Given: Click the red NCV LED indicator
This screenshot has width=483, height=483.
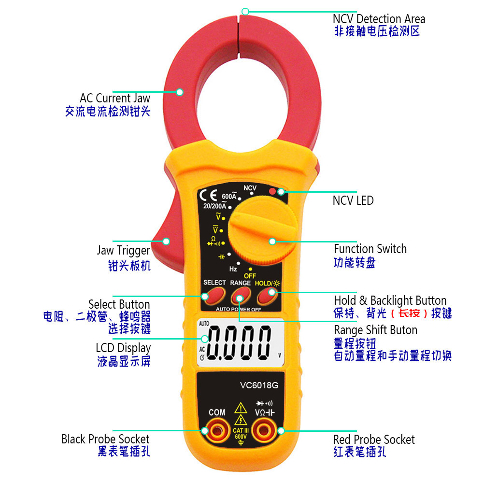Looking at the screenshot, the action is [x=272, y=191].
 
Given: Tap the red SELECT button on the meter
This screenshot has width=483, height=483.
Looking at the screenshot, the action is [x=213, y=296].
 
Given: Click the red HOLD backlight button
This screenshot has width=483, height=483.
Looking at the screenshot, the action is [x=268, y=296].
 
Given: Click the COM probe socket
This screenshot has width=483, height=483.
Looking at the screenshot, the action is [x=217, y=430].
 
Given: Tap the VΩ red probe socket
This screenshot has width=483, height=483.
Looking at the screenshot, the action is [x=264, y=430].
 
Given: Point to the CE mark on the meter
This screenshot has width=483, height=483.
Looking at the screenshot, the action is [x=208, y=195].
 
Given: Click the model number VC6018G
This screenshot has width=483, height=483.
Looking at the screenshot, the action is [x=259, y=385].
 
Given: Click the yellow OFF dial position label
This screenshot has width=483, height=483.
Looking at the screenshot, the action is [x=250, y=276].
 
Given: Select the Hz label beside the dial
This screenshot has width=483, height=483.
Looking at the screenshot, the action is [x=233, y=269].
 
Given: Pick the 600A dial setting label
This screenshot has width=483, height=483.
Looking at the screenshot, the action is [x=229, y=196].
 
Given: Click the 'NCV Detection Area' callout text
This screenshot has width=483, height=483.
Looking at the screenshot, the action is [x=379, y=19].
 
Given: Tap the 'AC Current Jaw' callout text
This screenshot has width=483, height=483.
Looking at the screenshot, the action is [x=115, y=98].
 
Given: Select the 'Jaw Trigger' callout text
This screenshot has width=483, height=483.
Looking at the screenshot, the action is [x=124, y=250].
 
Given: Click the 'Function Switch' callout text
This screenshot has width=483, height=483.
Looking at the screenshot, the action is [x=370, y=249].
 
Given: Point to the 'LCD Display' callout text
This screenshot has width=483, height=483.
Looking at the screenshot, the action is [x=123, y=348].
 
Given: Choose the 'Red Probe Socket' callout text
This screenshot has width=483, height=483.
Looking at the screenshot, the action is [x=374, y=440].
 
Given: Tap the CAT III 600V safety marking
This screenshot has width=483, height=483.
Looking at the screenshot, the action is [x=241, y=433].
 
